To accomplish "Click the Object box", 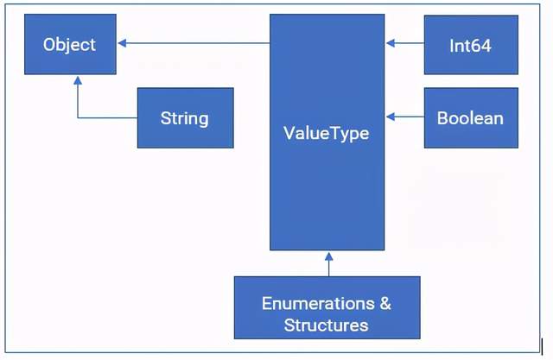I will tap(70, 44).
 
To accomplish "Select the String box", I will tap(185, 117).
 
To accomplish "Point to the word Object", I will tap(70, 44).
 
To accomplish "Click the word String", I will tap(185, 117).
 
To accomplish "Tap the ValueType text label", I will tap(327, 133).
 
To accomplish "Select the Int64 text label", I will tap(471, 45).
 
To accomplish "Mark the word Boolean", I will tap(471, 117).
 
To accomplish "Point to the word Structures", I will tap(327, 325).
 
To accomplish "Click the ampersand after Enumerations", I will tap(385, 304).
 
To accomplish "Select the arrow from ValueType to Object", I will tap(194, 43).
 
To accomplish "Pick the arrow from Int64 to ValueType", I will tap(404, 43).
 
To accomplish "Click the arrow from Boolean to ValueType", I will tap(404, 117).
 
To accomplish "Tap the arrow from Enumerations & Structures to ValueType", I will tap(327, 263).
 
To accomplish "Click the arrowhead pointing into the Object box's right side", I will tap(122, 43).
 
